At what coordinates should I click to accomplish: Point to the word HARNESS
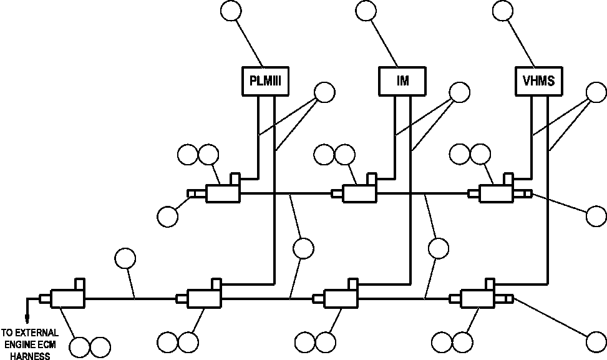pyautogui.click(x=30, y=356)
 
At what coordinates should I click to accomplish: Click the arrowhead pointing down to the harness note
pyautogui.click(x=27, y=319)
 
